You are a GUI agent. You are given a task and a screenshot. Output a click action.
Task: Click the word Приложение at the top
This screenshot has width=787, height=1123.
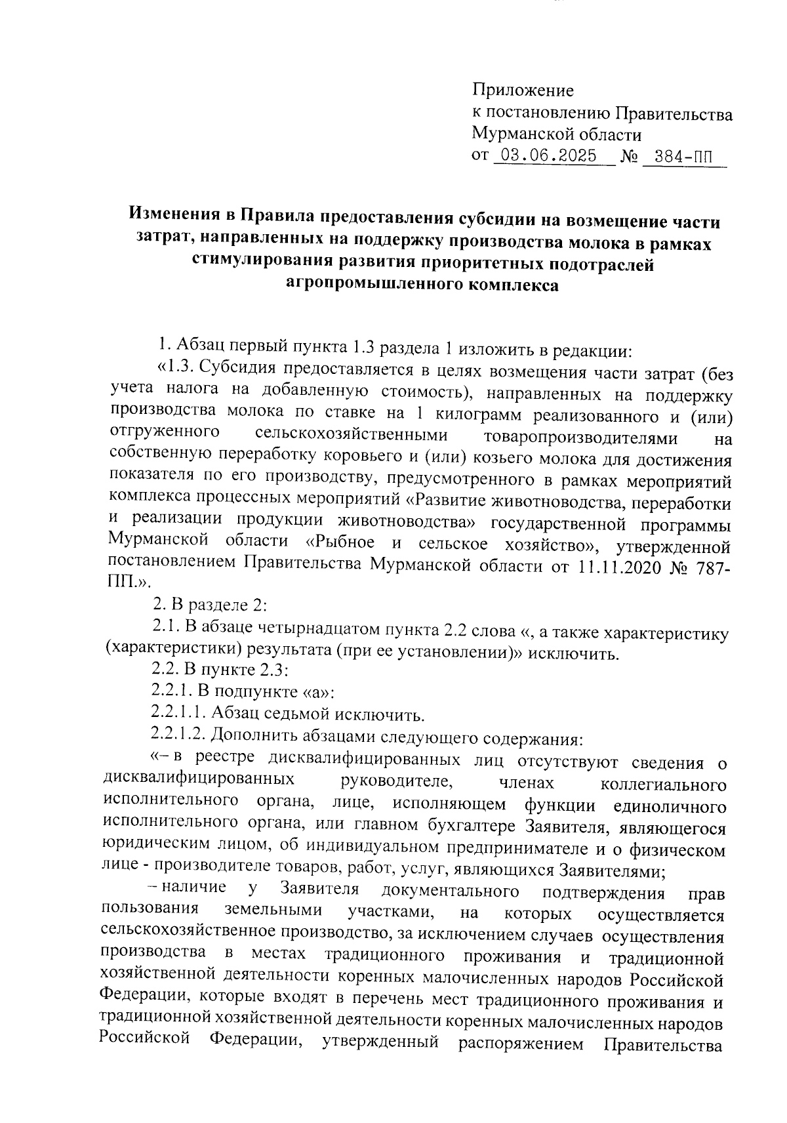coord(523,91)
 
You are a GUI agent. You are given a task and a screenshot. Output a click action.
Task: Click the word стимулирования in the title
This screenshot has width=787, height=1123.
coord(264,262)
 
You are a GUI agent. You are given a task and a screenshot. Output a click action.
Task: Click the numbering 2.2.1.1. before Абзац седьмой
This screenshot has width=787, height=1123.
coord(179,714)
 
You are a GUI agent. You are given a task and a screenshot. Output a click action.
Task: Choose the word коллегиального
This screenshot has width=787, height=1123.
coord(663,784)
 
